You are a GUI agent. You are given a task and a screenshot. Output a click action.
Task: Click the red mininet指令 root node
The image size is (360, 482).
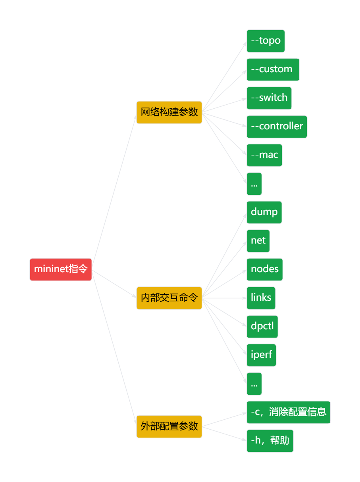point(61,269)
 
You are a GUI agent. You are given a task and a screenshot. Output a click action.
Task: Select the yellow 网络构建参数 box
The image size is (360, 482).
point(169,112)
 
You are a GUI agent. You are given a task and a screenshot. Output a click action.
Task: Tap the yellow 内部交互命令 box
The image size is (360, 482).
point(169,298)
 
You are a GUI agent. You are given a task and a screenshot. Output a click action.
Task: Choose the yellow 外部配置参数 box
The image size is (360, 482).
point(169,426)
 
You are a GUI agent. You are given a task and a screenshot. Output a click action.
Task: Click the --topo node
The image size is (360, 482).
point(266,41)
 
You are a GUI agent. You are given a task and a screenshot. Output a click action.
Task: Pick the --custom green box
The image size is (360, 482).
point(273,69)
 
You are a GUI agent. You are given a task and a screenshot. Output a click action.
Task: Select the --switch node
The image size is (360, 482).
point(269,98)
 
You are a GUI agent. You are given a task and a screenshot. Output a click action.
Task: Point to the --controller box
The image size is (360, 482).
point(277,127)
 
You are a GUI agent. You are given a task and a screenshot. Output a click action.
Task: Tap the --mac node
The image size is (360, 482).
point(264,155)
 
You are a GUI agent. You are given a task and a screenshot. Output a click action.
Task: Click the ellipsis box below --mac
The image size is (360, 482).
point(254,184)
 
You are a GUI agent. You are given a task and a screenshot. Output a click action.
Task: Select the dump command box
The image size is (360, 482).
point(264,212)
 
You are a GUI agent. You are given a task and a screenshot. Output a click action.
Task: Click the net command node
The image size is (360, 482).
point(258,241)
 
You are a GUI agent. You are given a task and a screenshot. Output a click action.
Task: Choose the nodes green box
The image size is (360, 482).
point(264,269)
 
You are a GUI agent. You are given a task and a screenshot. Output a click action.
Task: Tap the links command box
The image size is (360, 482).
point(261,298)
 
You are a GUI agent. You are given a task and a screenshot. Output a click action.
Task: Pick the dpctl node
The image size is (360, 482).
point(262,326)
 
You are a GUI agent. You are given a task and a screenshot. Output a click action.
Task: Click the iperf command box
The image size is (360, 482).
point(261,355)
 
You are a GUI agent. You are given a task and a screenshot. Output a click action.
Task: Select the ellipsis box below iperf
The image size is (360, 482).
point(254,384)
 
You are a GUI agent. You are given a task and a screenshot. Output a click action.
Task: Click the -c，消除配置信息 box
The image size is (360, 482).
point(288,412)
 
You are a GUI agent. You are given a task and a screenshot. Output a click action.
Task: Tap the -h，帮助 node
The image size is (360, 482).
point(270,441)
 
